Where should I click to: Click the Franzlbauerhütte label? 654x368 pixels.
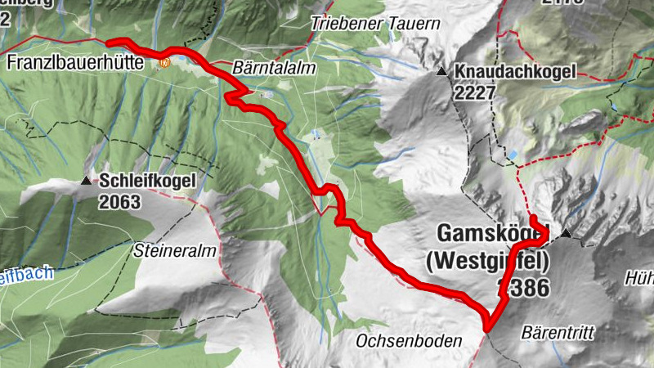(x=75, y=62)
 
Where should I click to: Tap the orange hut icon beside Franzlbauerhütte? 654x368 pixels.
(x=164, y=61)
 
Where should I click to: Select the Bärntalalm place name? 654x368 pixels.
(x=274, y=70)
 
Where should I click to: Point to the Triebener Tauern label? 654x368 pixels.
(x=375, y=24)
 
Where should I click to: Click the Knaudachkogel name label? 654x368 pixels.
(x=517, y=72)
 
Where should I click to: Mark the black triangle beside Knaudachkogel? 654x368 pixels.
(x=442, y=72)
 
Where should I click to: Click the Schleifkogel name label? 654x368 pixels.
(x=147, y=180)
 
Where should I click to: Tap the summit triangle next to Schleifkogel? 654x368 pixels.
(x=87, y=180)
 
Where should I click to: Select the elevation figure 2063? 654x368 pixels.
(x=121, y=200)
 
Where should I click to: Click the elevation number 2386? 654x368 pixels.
(x=523, y=287)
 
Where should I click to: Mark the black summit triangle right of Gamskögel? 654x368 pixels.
(x=565, y=236)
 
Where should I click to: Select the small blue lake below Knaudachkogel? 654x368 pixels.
(x=512, y=154)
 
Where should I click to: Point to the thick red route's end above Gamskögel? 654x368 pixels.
(x=531, y=218)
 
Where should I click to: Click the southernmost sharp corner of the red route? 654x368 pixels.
(x=487, y=329)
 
